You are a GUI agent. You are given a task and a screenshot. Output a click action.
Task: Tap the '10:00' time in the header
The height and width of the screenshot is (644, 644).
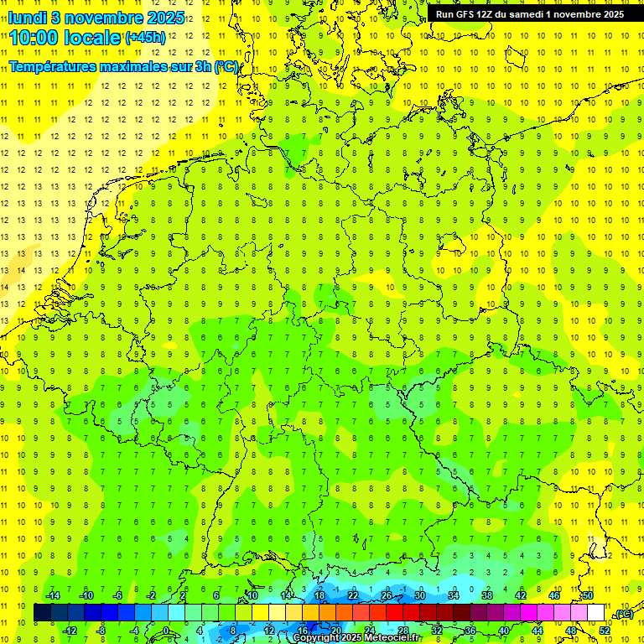tap(34, 37)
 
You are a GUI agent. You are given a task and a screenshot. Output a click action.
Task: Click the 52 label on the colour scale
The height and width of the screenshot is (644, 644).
tap(605, 631)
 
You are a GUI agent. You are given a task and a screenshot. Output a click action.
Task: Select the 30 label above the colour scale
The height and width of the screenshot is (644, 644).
tap(419, 595)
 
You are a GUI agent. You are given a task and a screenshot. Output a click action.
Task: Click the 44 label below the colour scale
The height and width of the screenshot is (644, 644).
tap(538, 631)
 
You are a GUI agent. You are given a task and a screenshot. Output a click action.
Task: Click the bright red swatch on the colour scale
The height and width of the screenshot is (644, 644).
tap(395, 613)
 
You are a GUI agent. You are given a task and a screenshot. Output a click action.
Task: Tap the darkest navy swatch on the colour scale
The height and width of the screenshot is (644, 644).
tap(42, 613)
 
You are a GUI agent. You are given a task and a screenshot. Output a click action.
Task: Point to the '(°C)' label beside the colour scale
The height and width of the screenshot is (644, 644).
tap(623, 615)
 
